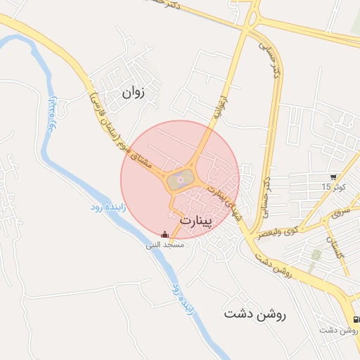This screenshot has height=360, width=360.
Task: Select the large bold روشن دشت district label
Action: (255, 314)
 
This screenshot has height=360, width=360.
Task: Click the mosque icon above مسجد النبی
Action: (165, 235)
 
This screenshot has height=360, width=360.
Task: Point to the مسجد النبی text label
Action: (165, 245)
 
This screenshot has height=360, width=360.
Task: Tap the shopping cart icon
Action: (333, 177)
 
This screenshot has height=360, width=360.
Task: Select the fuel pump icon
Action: (356, 319)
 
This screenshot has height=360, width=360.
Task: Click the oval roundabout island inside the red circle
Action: (180, 180)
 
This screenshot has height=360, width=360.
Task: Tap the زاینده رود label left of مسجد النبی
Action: (105, 207)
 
